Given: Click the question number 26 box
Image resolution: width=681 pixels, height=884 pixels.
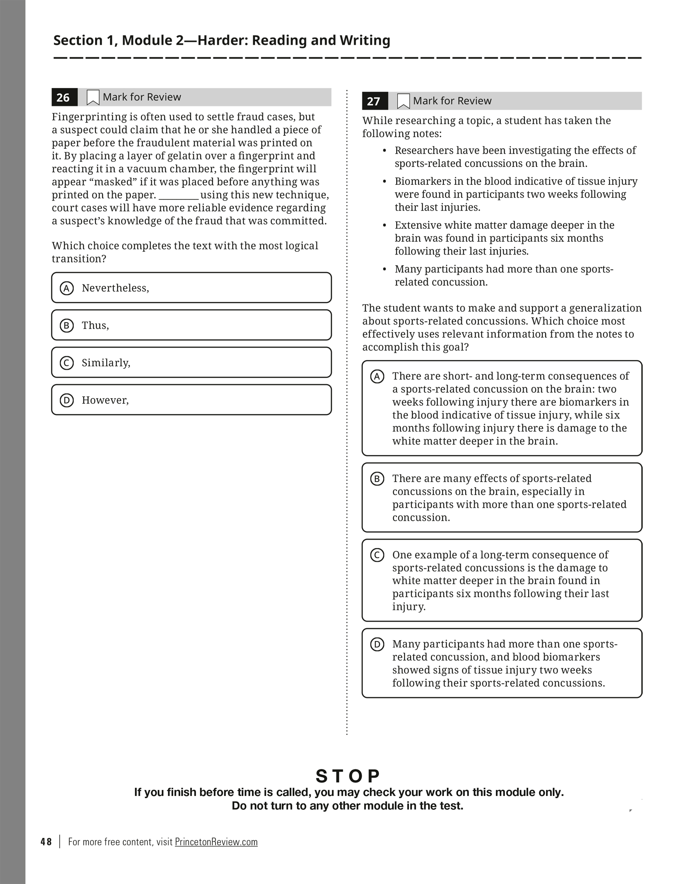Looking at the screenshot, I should point(64,98).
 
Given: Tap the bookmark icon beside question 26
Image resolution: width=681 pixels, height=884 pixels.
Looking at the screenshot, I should point(93,98).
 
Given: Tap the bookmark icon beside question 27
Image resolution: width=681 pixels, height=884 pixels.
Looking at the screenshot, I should point(403,101).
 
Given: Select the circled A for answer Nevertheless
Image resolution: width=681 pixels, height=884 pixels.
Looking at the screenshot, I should point(67,288).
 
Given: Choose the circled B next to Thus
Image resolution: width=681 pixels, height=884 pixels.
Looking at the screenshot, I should point(67,326).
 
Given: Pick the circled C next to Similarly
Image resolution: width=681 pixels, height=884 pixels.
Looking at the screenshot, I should point(67,363).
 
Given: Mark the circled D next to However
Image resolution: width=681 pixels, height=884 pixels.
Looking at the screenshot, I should point(67,400).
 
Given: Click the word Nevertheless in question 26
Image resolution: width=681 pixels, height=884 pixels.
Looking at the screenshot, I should point(115,288).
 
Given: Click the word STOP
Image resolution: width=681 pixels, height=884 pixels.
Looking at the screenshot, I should point(348,776).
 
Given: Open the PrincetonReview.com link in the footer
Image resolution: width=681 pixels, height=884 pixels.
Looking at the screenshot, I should point(216,842).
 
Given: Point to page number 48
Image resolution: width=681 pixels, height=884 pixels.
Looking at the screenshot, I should point(46,842).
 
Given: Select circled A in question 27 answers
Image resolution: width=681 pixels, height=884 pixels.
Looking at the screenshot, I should point(377,377).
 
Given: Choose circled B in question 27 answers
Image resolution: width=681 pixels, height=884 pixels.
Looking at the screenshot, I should point(377,479).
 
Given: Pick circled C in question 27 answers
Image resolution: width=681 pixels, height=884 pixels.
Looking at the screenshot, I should point(377,556).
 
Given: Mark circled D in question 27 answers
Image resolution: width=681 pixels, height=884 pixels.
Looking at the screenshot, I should point(377,645).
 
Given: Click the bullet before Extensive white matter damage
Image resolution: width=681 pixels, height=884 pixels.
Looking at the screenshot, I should point(385,225).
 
